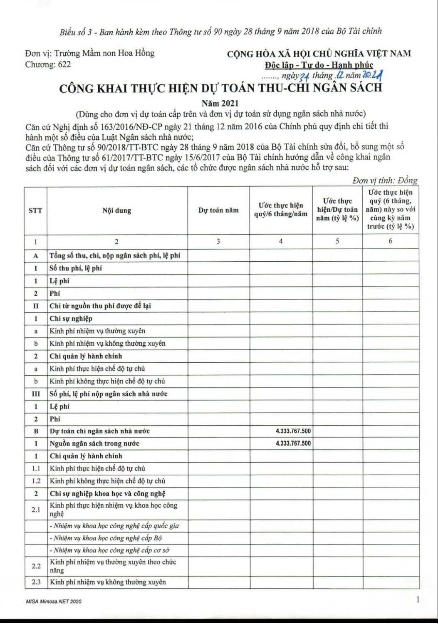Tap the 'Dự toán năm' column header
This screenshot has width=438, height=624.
coord(218,210)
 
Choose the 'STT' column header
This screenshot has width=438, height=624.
coord(35,210)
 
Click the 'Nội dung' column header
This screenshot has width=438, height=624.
coord(117,210)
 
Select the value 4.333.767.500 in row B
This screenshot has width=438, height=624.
coord(293,431)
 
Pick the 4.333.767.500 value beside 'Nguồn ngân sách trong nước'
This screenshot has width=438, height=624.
coord(293,443)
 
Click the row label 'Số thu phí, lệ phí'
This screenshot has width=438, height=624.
coord(76,268)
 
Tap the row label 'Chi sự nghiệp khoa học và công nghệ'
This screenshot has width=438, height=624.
coord(108,494)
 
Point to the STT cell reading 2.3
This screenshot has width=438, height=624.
coord(36,582)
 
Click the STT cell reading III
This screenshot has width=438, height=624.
coord(36,394)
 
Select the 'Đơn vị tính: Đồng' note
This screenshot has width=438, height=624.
coord(384,181)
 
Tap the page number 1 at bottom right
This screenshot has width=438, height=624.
coord(416,599)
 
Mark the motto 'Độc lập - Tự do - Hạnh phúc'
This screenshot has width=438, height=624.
coord(319,65)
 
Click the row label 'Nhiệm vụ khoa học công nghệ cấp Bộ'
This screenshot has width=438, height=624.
coord(106,538)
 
